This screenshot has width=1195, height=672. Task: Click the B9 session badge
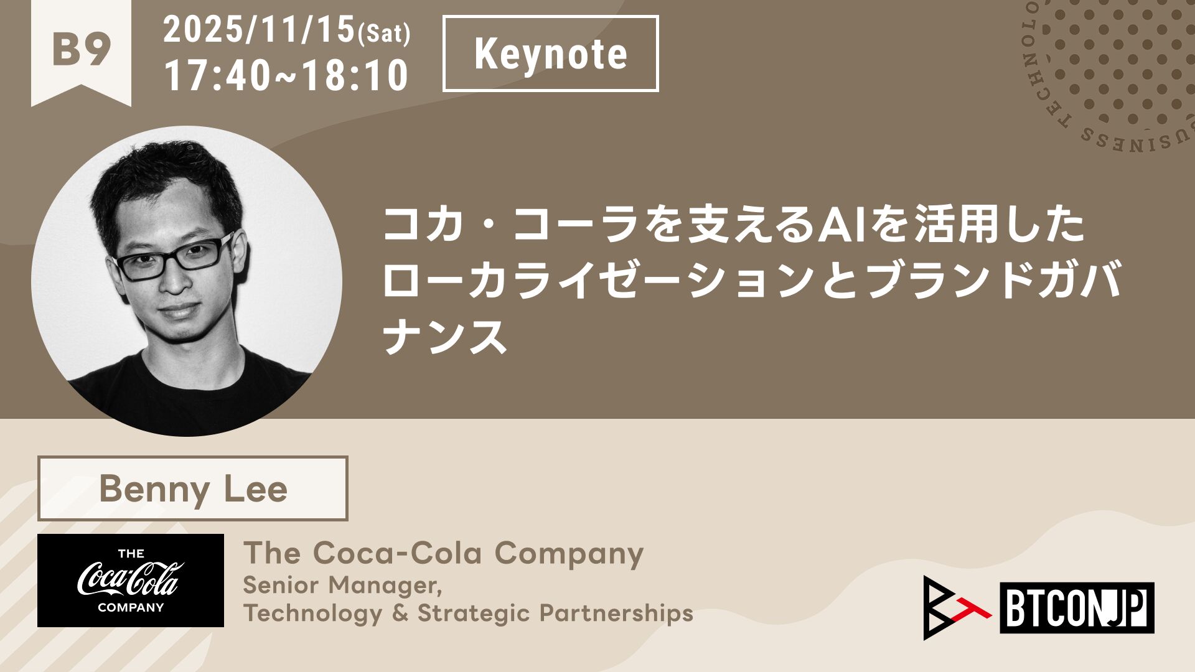pyautogui.click(x=82, y=50)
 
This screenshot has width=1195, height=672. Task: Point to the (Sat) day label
pyautogui.click(x=384, y=34)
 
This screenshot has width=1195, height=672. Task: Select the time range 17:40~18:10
pyautogui.click(x=286, y=75)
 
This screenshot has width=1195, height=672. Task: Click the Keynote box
pyautogui.click(x=551, y=54)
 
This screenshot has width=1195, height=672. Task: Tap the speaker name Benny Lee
pyautogui.click(x=193, y=489)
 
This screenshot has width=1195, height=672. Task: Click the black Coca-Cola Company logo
pyautogui.click(x=131, y=580)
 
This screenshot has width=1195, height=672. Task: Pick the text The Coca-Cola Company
pyautogui.click(x=443, y=553)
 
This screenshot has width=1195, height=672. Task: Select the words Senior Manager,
pyautogui.click(x=342, y=586)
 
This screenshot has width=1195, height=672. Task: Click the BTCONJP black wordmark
pyautogui.click(x=1077, y=608)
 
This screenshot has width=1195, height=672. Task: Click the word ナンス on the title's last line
pyautogui.click(x=445, y=336)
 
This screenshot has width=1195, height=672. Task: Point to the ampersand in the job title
pyautogui.click(x=400, y=613)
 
